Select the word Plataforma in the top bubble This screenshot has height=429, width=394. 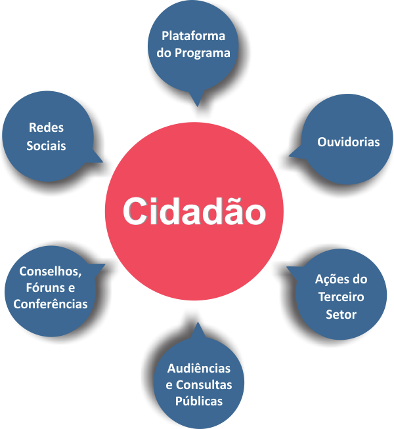pyautogui.click(x=194, y=36)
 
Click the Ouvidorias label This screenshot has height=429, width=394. pyautogui.click(x=348, y=142)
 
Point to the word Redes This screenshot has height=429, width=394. pyautogui.click(x=46, y=128)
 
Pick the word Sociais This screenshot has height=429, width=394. pyautogui.click(x=46, y=145)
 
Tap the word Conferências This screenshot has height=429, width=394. pyautogui.click(x=50, y=304)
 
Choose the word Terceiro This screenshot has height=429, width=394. pyautogui.click(x=341, y=296)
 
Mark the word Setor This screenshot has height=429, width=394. pyautogui.click(x=341, y=314)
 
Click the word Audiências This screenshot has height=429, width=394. pyautogui.click(x=198, y=368)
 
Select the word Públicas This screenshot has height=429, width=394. pyautogui.click(x=198, y=401)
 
